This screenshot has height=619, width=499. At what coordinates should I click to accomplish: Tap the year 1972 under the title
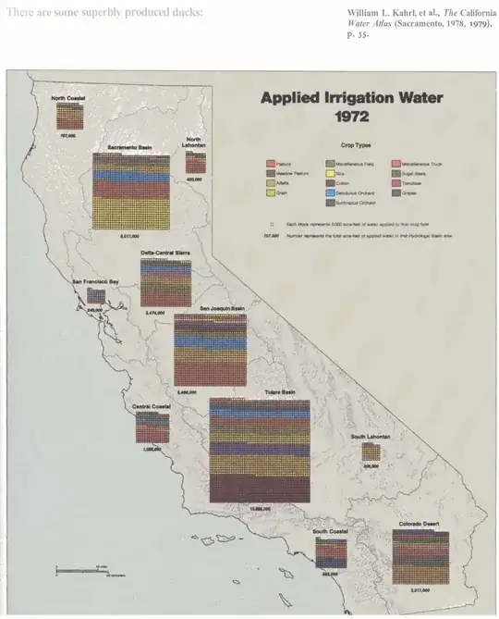pos(352,118)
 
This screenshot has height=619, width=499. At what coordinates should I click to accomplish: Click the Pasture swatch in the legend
pos(271,163)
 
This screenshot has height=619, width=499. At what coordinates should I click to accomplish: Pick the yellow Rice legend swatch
pos(331,173)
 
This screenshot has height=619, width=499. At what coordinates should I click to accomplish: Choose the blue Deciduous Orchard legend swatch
pos(331,192)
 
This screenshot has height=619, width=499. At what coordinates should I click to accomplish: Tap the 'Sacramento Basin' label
pos(129,147)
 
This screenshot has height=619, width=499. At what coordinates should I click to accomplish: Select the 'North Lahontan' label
pos(195,142)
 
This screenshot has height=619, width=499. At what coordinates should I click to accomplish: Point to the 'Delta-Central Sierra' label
pos(165,253)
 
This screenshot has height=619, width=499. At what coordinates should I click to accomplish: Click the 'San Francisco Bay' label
pos(95,280)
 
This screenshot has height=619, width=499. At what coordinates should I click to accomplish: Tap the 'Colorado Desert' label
pos(420,525)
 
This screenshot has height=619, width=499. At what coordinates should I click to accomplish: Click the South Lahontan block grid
pos(371,452)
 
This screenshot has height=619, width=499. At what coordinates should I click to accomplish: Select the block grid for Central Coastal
pos(152,427)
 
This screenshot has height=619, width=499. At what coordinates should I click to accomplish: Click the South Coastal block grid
pos(330,552)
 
